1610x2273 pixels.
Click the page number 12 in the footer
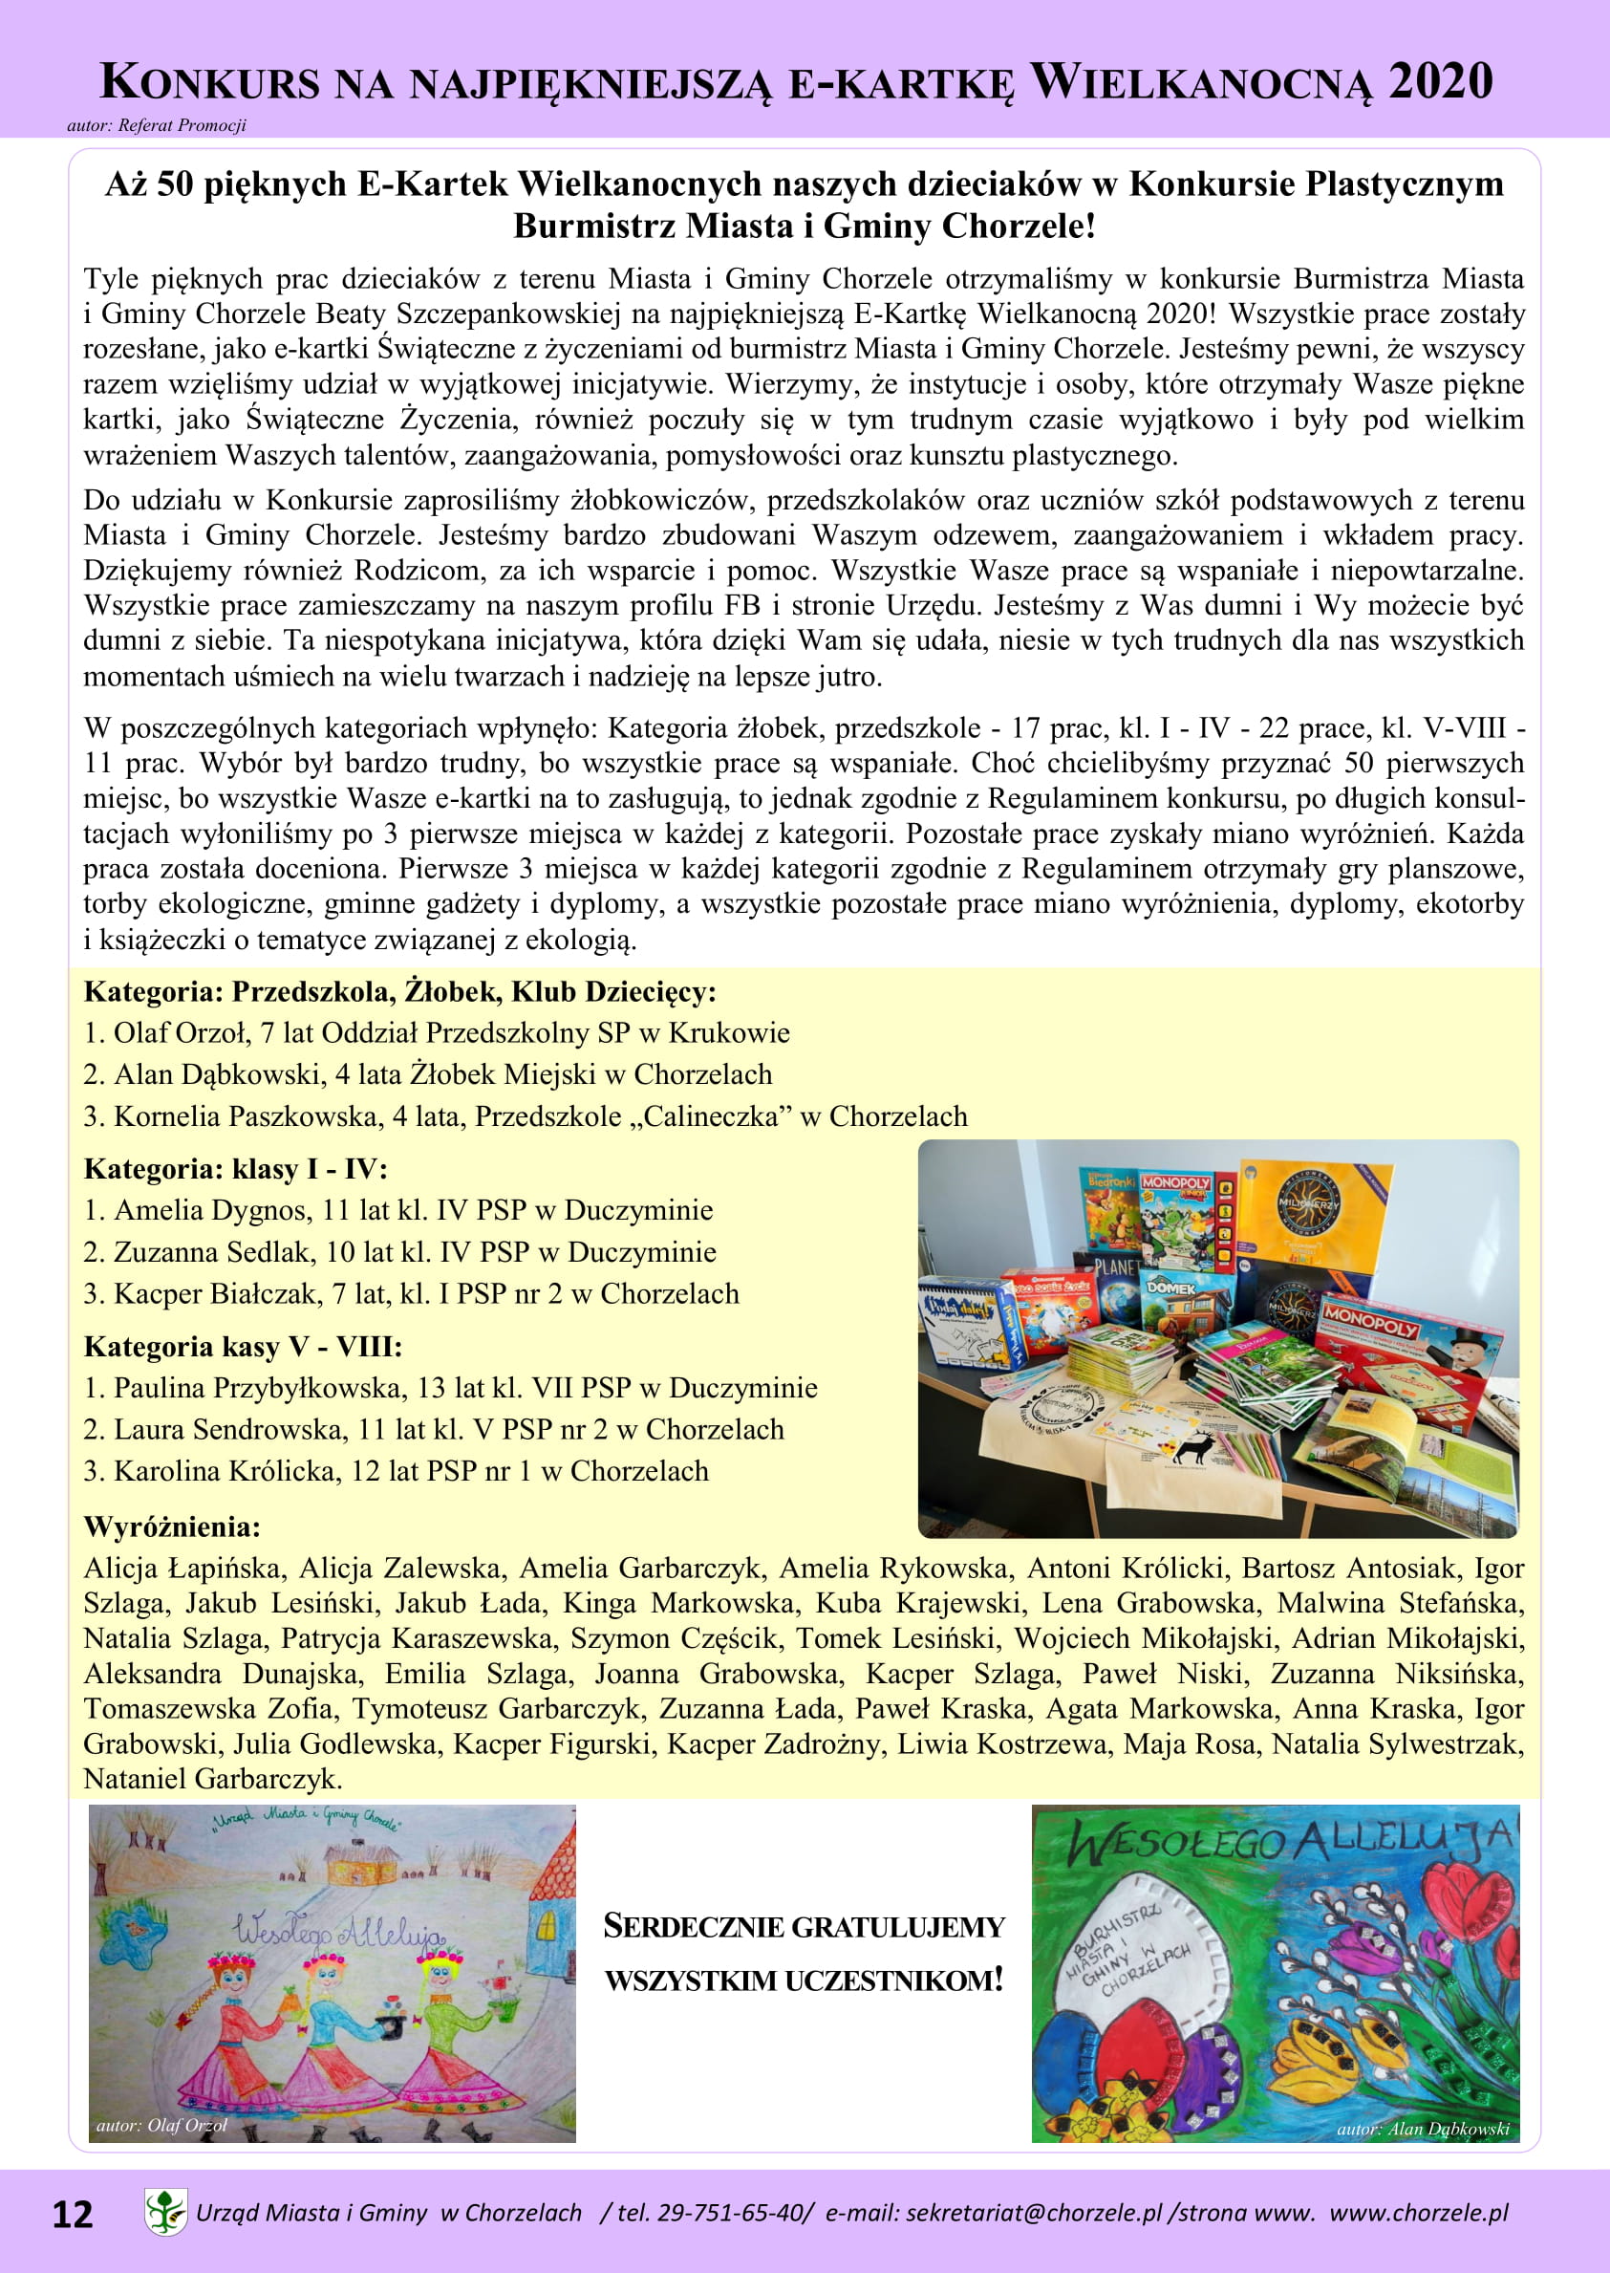point(72,2214)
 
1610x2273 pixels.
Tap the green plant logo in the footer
point(165,2212)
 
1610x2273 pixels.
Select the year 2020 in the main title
point(1440,81)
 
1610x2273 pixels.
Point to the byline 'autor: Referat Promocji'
point(157,126)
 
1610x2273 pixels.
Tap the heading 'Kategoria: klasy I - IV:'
point(235,1169)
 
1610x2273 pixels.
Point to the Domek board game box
point(1184,1299)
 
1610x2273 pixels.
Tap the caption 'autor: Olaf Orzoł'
point(161,2125)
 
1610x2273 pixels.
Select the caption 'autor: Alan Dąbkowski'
point(1422,2129)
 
